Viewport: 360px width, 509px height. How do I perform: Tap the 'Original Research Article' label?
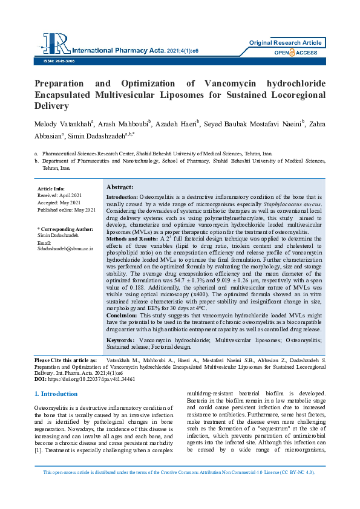pos(286,43)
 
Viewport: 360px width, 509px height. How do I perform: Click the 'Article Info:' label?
pos(51,189)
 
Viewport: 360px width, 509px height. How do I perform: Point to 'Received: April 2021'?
pos(59,196)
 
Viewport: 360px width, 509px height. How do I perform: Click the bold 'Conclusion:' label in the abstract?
pos(121,316)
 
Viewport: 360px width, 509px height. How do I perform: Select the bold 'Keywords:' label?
pos(120,342)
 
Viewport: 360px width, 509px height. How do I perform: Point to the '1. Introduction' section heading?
pos(56,394)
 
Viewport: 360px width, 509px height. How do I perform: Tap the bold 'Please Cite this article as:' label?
pos(66,360)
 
